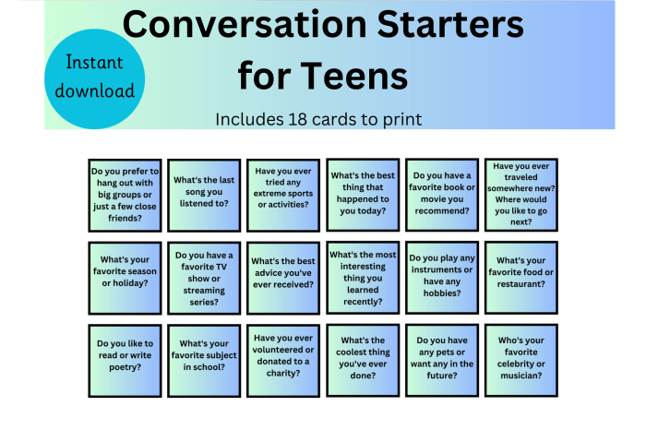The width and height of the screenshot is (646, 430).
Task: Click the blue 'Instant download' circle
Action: point(94,77)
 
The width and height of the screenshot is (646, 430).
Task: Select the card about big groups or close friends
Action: point(125,194)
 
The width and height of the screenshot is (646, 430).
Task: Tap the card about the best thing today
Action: point(363,194)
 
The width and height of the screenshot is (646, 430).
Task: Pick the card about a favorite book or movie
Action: point(442,194)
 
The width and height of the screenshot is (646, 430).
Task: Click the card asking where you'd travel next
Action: point(521,194)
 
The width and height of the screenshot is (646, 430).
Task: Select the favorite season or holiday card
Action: point(125,277)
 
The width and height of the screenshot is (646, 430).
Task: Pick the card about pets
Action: point(442,356)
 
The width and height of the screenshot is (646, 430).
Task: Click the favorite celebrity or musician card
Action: point(521,356)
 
